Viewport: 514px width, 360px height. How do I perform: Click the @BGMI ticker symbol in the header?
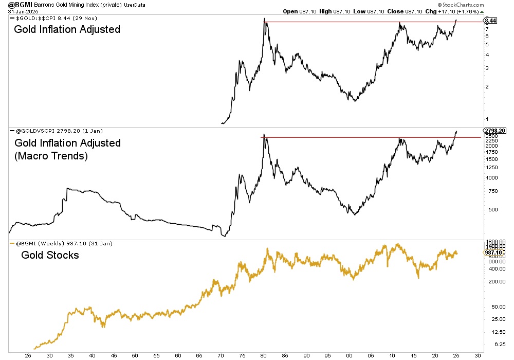point(17,5)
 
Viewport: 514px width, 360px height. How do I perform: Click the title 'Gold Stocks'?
point(50,255)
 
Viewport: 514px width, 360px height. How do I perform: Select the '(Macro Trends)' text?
point(51,156)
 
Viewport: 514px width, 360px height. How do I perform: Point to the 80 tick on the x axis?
point(263,355)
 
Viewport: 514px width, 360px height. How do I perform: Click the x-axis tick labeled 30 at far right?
point(478,355)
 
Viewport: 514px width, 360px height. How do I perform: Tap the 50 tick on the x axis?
point(135,355)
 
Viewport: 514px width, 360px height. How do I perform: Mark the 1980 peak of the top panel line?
point(264,20)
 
